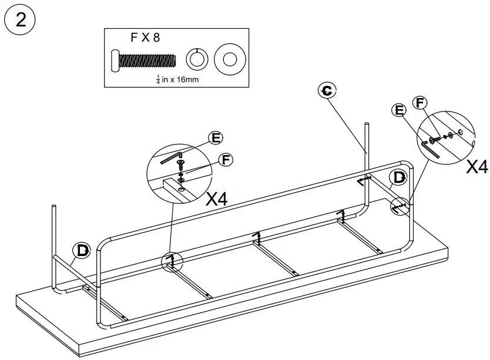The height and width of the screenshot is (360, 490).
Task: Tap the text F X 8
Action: [145, 38]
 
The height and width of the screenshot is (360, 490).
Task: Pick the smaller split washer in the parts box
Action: [197, 59]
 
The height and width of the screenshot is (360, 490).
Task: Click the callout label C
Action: [327, 90]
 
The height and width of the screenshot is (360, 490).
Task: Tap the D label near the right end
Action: [399, 177]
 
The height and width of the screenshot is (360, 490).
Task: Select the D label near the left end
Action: [82, 250]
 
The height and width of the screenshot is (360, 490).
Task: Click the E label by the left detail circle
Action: [216, 138]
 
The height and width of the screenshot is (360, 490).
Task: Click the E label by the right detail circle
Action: [400, 110]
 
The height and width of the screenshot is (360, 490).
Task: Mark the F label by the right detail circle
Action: [419, 102]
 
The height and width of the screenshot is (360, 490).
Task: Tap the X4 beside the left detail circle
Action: [217, 198]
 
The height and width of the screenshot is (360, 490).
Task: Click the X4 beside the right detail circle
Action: [476, 167]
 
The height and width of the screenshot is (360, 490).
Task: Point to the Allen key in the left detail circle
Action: [171, 157]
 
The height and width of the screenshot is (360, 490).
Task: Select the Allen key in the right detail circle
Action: [431, 148]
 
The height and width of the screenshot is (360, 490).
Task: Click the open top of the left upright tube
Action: [54, 206]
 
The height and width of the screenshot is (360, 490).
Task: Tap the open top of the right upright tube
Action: [367, 125]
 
